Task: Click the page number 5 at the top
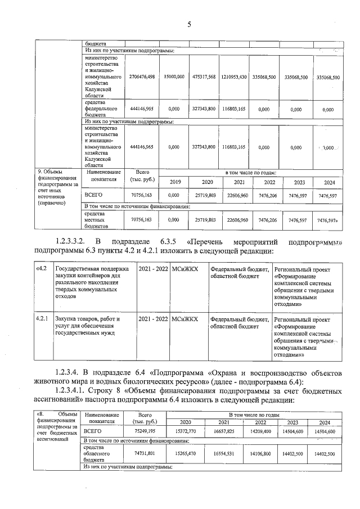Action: tap(189, 24)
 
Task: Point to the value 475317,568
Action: tap(204, 77)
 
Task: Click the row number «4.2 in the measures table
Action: tap(41, 269)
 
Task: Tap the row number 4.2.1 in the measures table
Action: tap(41, 319)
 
